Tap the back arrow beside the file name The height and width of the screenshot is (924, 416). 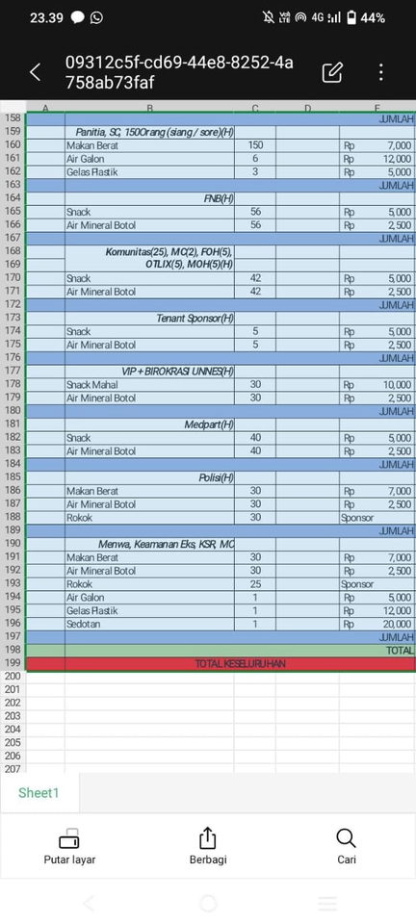(36, 71)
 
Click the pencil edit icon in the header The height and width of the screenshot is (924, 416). (332, 71)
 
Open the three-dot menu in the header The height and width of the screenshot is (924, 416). (381, 71)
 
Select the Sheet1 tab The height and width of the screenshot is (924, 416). (39, 793)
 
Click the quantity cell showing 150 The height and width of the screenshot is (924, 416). (255, 145)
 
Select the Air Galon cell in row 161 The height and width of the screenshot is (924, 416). (149, 159)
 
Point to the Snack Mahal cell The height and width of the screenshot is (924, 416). (149, 385)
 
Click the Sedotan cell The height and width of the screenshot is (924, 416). (149, 624)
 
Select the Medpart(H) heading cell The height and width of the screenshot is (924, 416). (149, 424)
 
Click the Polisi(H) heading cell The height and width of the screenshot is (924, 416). (149, 477)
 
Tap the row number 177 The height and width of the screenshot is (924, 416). (13, 371)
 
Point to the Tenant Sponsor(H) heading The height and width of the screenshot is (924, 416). (149, 318)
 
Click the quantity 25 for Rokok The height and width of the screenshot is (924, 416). (255, 584)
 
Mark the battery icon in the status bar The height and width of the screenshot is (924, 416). (352, 17)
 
